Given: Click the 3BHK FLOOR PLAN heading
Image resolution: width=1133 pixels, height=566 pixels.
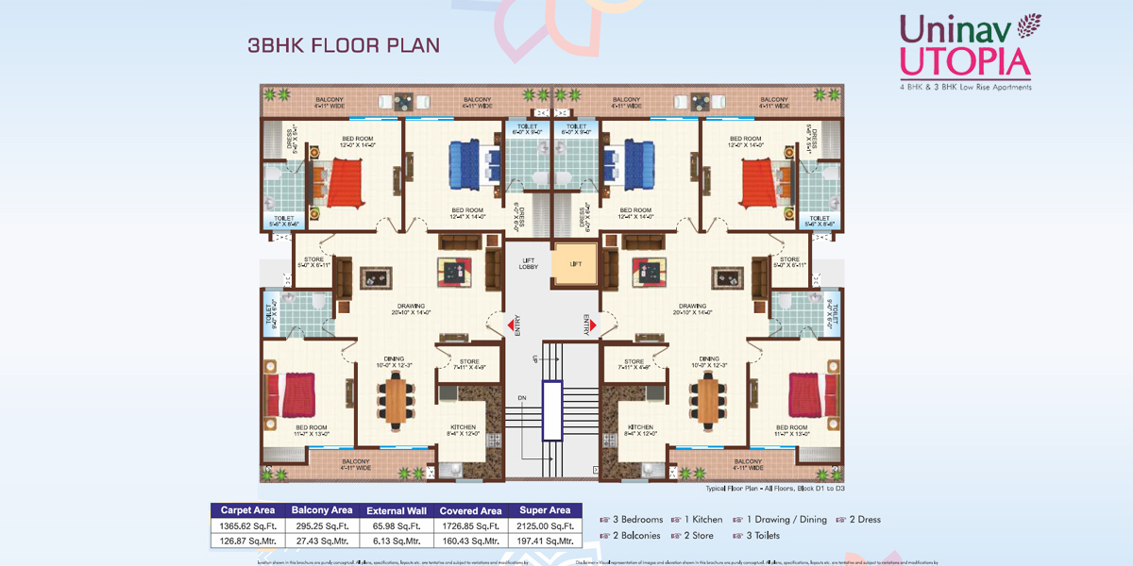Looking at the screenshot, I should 343,44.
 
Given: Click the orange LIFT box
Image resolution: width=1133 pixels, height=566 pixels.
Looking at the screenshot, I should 576,264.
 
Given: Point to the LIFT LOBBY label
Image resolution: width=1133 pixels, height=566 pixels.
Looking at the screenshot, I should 529,264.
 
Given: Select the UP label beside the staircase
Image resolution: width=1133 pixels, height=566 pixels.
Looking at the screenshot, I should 534,359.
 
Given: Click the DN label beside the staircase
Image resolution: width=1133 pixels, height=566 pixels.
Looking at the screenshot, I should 521,399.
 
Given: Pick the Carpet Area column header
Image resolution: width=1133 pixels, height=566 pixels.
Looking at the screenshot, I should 246,510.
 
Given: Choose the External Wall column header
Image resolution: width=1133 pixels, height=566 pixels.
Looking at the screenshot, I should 396,510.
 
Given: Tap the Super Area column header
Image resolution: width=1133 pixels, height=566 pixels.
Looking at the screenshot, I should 545,510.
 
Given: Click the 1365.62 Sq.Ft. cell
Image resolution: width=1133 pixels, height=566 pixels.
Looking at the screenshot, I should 246,525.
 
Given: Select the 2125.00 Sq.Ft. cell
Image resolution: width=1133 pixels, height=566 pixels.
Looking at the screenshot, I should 545,525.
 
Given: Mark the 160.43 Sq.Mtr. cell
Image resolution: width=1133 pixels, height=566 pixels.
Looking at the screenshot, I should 470,541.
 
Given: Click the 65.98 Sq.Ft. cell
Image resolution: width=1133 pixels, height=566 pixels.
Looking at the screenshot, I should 396,525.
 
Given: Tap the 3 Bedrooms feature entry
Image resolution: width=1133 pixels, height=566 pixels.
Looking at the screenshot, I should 632,520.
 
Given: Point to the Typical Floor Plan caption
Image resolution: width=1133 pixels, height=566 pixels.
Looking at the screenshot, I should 773,490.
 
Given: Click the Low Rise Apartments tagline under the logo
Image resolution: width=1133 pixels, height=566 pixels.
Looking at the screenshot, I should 965,87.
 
